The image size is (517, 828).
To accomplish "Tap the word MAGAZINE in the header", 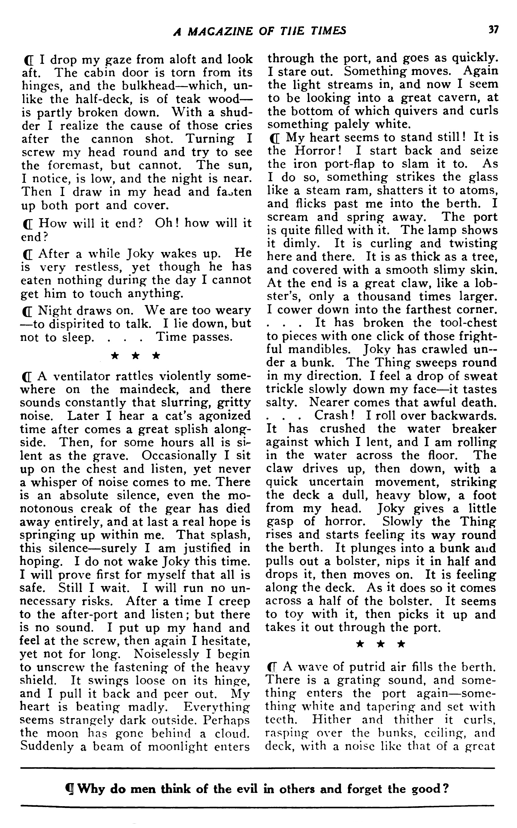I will pos(220,31).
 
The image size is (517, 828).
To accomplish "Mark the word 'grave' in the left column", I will pos(120,456).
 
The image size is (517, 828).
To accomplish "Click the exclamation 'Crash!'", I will pos(334,416).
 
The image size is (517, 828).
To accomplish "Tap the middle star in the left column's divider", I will pos(135,356).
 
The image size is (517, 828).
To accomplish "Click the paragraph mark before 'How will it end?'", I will pos(28,224).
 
